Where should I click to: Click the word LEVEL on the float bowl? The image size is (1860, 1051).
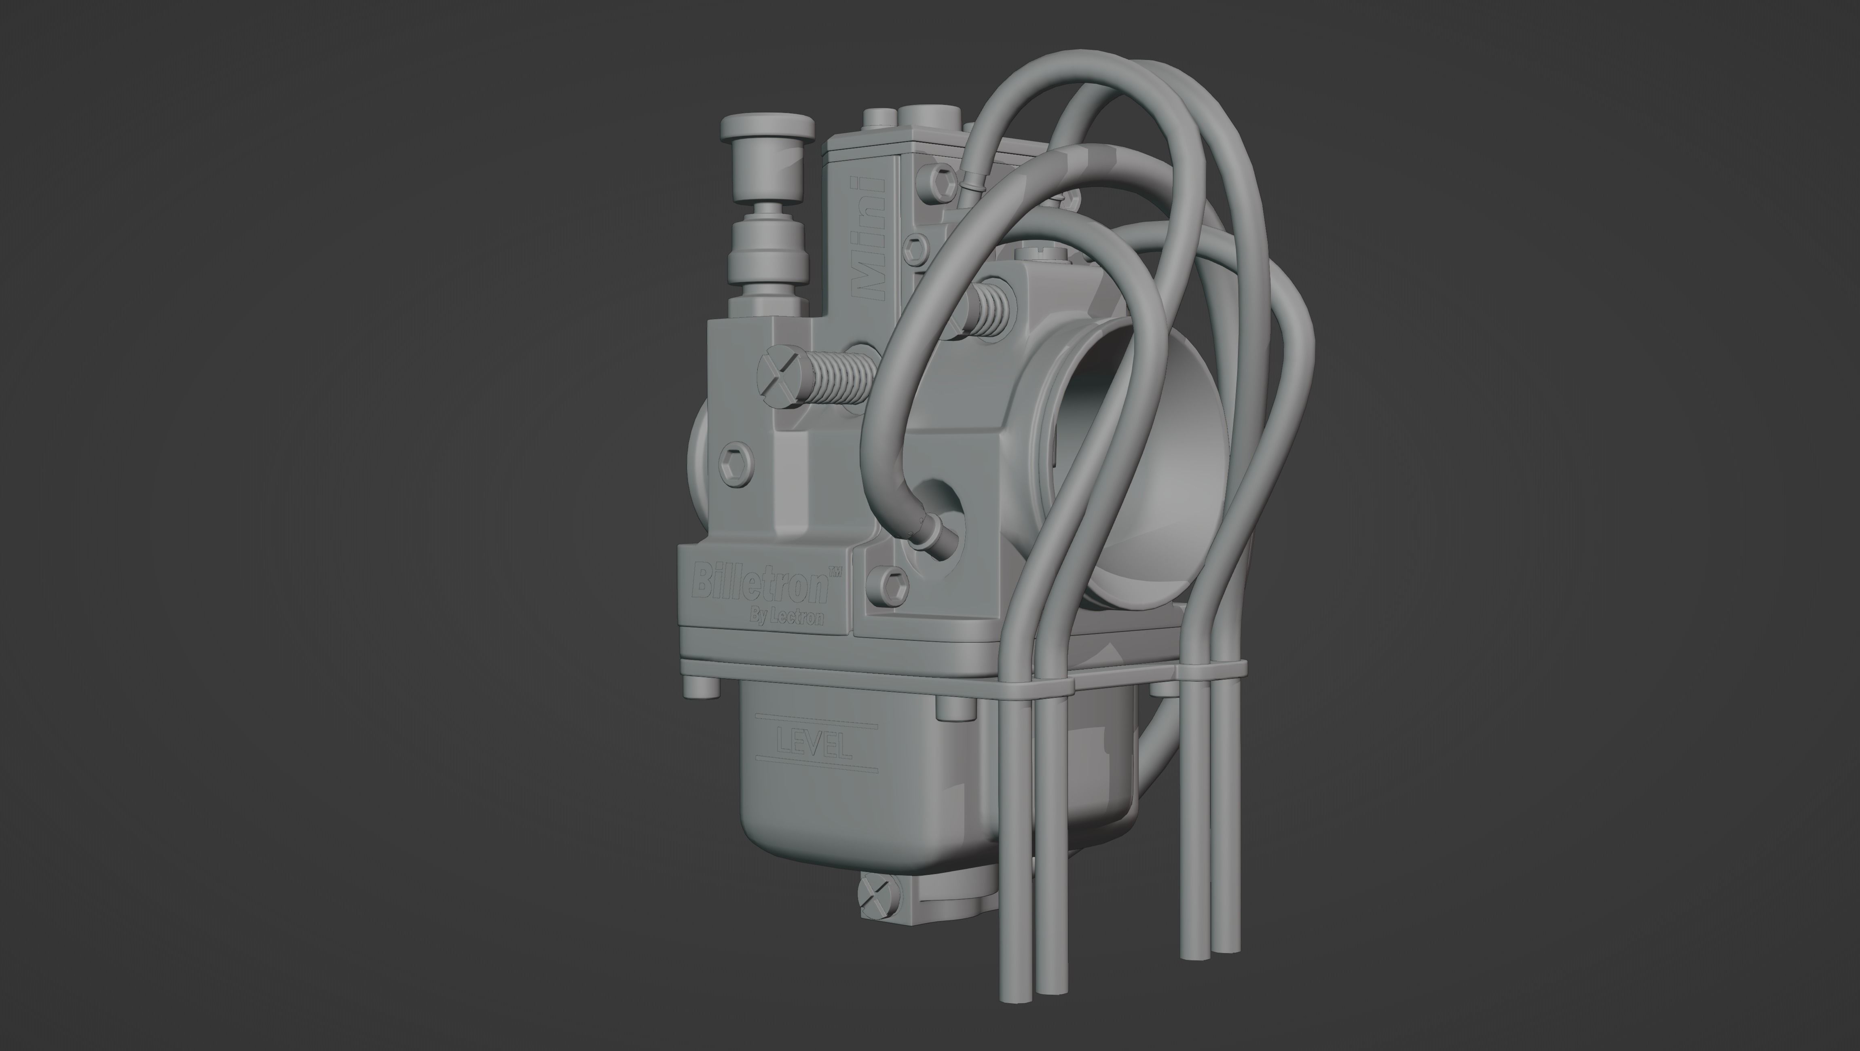pos(814,743)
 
